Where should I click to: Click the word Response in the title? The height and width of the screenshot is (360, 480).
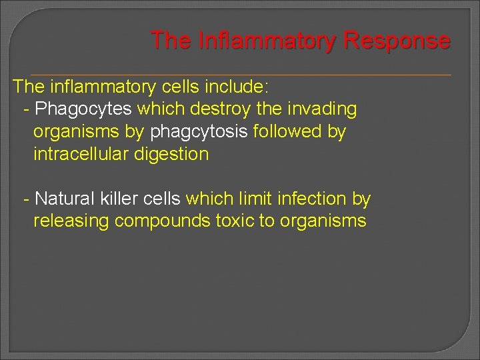click(397, 41)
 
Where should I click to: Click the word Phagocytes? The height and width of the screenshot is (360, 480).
click(83, 109)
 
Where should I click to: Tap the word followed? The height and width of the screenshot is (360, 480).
click(287, 131)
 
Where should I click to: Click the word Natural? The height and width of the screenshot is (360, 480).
click(67, 199)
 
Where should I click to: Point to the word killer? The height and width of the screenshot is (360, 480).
click(125, 199)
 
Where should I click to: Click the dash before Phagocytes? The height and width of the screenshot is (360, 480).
click(26, 109)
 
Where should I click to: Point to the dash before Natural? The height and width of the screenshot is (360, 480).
click(26, 199)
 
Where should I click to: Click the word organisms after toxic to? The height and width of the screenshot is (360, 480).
click(323, 221)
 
